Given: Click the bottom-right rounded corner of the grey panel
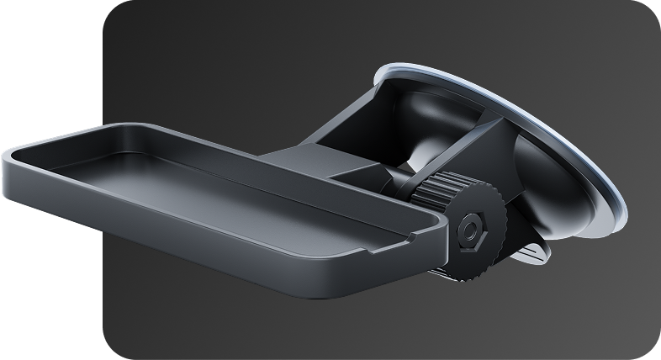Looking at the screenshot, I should coord(649,348).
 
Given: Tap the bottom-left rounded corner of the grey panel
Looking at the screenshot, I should coord(114,348).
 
